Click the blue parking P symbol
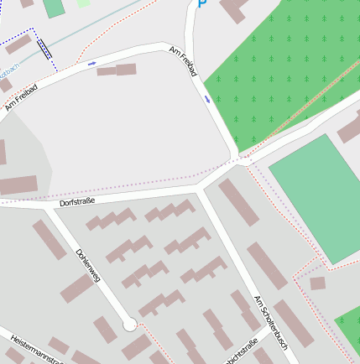pos(201,4)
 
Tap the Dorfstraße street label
pos(76,202)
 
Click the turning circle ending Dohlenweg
pos(129,325)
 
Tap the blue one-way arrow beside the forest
pos(207,99)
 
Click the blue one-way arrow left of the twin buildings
pos(91,63)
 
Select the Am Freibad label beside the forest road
pos(183,63)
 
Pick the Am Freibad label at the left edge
pos(21,97)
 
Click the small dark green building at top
pos(54,8)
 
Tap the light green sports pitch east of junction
pos(314,199)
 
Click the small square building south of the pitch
pos(317,283)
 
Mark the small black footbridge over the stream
pos(44,49)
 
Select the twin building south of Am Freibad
pos(117,70)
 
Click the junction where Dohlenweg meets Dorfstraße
pos(49,207)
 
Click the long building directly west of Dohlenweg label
pos(50,240)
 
